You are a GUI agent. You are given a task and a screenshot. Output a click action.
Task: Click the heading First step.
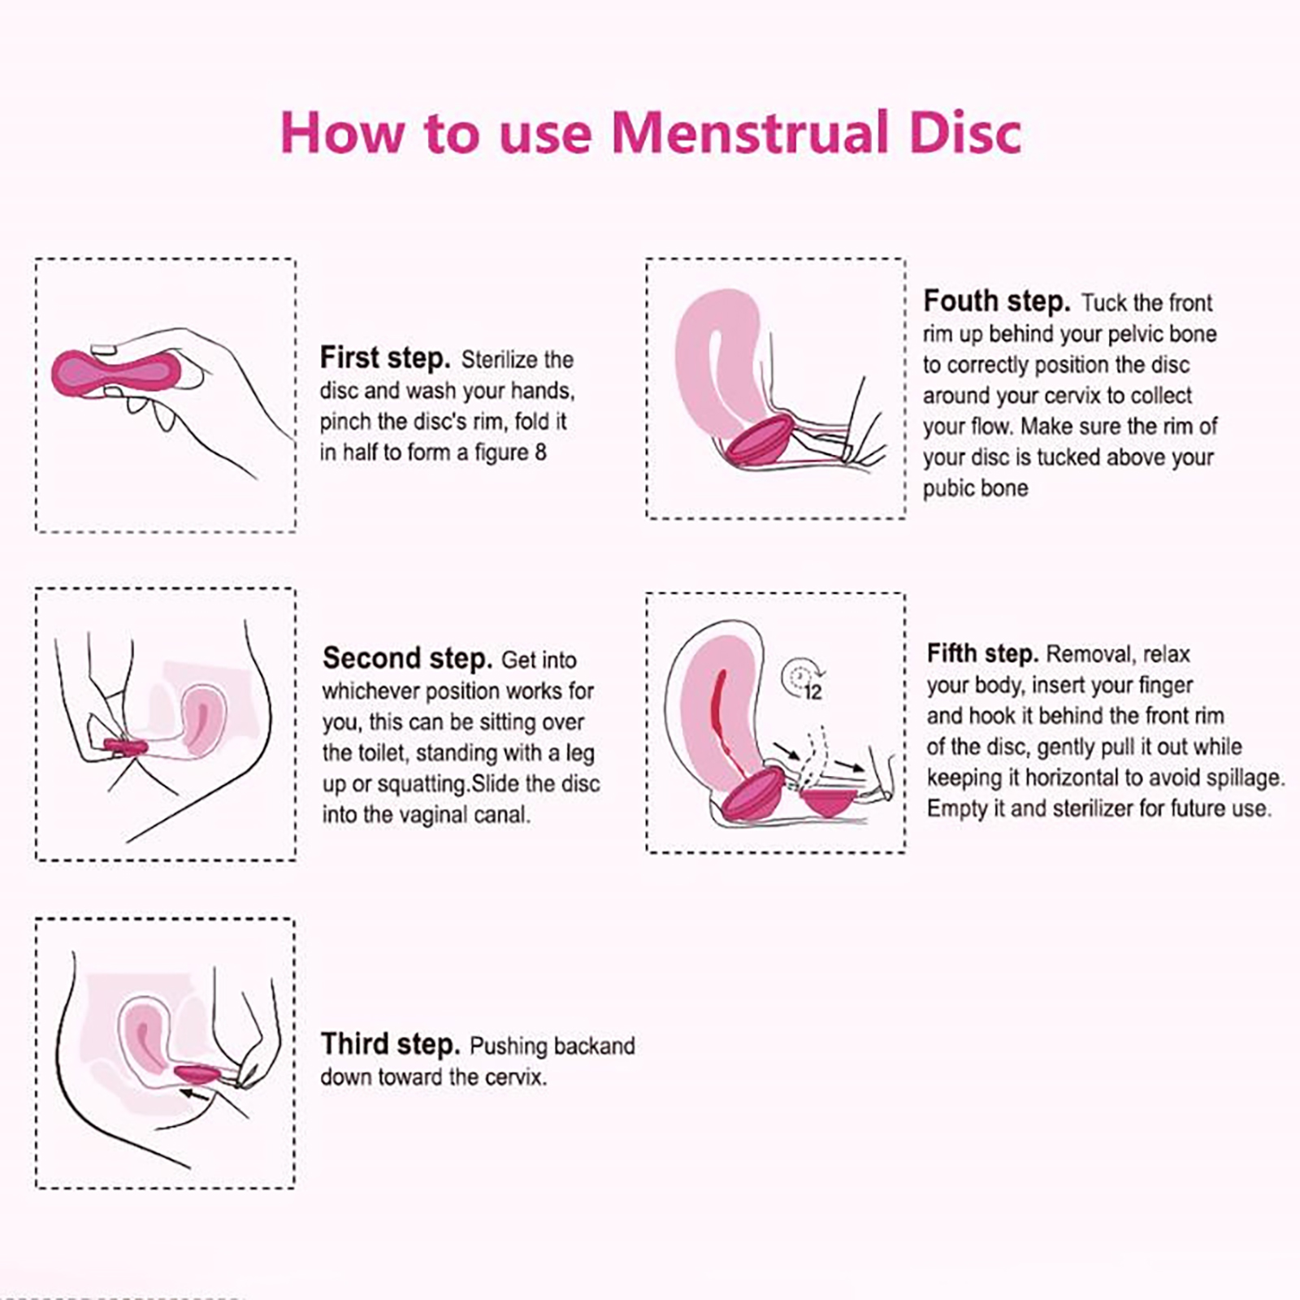click(x=384, y=357)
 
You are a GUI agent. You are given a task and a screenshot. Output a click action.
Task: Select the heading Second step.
click(x=407, y=658)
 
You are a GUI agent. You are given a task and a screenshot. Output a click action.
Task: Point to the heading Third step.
click(x=390, y=1044)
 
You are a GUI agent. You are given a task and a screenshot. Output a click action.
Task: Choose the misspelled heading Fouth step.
click(x=997, y=301)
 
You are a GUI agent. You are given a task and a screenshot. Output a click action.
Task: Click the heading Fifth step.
click(x=982, y=653)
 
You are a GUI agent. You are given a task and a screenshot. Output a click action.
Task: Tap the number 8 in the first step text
click(x=540, y=452)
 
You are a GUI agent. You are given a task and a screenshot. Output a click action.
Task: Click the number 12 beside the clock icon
click(x=812, y=692)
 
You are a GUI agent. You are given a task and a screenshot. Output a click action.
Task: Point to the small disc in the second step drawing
click(x=125, y=745)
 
